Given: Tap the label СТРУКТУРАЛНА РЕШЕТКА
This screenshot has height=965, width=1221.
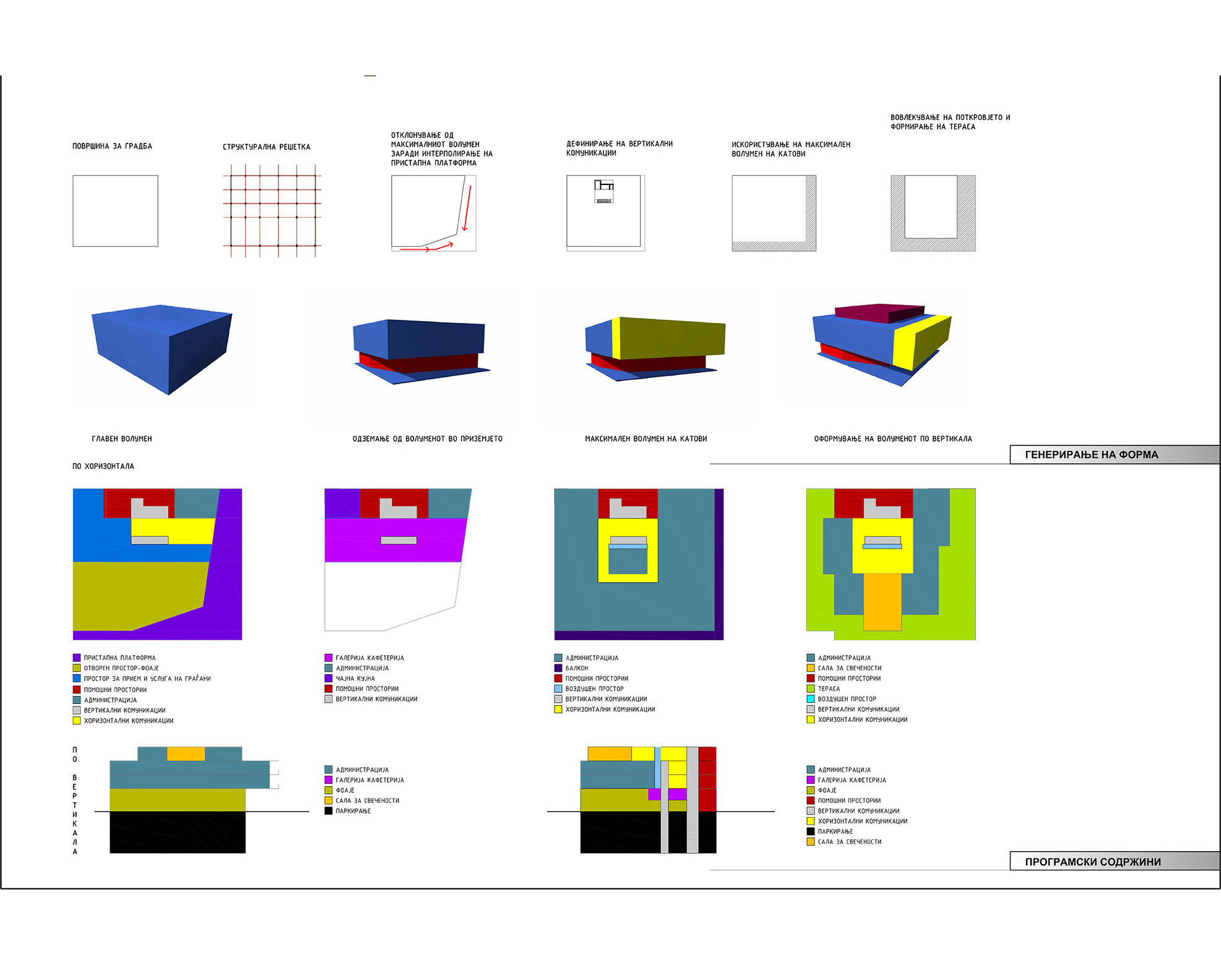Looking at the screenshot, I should [x=266, y=147].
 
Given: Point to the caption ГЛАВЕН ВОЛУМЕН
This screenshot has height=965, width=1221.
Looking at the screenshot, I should [x=122, y=439].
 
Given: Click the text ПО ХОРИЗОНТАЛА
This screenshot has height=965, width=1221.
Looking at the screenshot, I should [x=103, y=466].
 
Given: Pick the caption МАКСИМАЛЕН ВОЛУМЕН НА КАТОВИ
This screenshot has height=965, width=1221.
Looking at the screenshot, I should [x=645, y=439].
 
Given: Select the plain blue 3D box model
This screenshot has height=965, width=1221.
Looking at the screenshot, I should [x=162, y=346].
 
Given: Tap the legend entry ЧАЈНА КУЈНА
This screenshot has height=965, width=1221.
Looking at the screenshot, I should [x=355, y=679].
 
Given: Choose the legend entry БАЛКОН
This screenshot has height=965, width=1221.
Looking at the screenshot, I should [x=576, y=668].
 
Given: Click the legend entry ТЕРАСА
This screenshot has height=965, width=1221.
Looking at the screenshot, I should [x=829, y=688].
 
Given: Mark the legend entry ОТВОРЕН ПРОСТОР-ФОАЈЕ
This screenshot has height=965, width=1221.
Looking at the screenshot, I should [x=121, y=668].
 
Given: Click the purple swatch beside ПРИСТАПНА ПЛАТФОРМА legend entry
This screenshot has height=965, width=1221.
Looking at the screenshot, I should [x=77, y=658].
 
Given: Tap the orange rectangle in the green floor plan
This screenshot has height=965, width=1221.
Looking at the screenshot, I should [x=882, y=601].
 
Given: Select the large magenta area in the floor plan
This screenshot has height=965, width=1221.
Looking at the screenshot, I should [x=394, y=540].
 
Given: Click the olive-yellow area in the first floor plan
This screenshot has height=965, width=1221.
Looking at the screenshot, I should [x=136, y=594].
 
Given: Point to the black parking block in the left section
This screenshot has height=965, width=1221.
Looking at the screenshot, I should [x=178, y=832].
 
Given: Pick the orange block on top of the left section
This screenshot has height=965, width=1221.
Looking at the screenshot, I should [x=186, y=753].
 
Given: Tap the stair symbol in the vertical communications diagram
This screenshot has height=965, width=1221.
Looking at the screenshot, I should [x=604, y=191].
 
